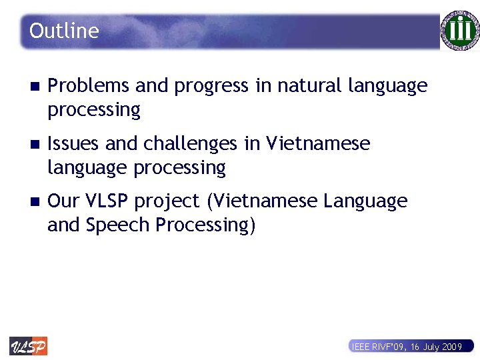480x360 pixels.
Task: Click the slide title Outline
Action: tap(64, 31)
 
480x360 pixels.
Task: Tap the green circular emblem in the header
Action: tap(459, 31)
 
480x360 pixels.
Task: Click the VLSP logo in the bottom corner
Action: tap(28, 346)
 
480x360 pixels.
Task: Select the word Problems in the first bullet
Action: tap(89, 86)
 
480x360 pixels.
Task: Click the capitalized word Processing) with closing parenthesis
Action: tap(205, 225)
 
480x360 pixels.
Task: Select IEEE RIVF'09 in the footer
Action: tap(379, 347)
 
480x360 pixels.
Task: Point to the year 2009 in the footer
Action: tap(451, 347)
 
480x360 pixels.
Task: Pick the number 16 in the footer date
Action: tap(415, 347)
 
